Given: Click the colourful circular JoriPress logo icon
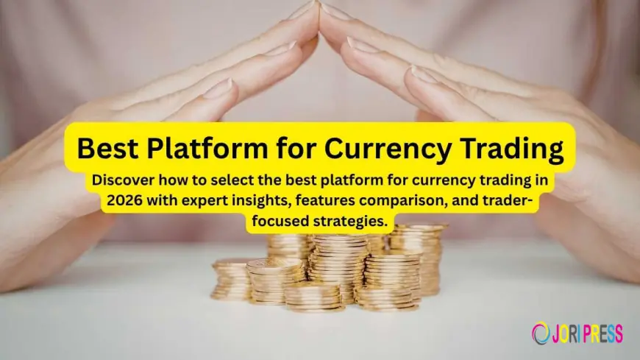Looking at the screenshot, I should click(540, 333).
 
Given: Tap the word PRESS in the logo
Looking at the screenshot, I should click(599, 333).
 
